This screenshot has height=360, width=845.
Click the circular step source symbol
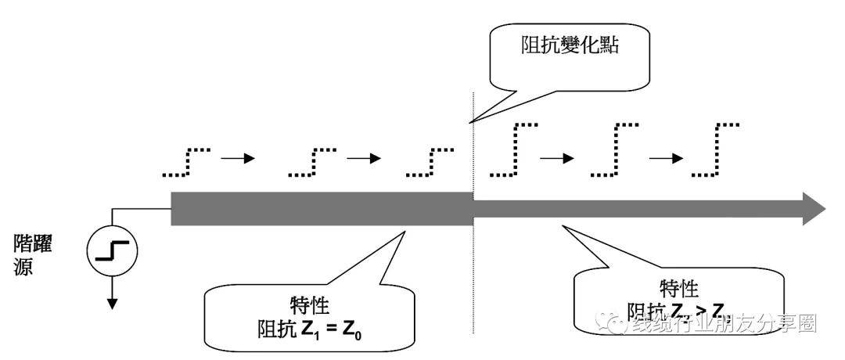(112, 250)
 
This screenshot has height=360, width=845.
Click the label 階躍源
(33, 254)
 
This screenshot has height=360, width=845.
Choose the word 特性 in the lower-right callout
(678, 289)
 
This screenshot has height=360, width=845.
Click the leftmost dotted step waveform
(186, 160)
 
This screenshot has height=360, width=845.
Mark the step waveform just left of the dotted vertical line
(431, 160)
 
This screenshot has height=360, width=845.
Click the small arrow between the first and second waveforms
(239, 158)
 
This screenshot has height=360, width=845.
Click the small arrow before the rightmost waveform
(664, 158)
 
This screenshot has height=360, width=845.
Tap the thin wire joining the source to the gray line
(141, 209)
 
